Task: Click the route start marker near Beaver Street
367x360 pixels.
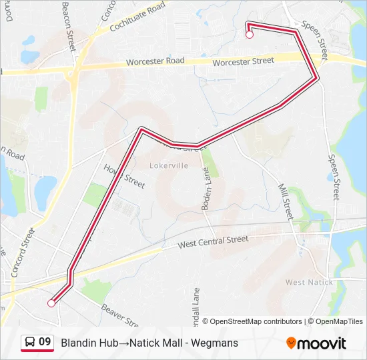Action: [51, 303]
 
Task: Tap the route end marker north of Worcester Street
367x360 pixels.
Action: [250, 35]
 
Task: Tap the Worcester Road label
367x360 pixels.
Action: [157, 62]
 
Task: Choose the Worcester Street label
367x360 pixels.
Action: [244, 61]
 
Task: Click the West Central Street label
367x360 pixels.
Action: [213, 243]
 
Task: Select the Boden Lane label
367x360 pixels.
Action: [207, 189]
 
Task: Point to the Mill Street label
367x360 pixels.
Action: [285, 202]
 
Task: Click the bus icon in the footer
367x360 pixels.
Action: [29, 342]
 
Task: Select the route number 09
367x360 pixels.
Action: [45, 342]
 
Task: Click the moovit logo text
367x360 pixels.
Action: [322, 343]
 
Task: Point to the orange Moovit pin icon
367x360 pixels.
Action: [291, 343]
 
